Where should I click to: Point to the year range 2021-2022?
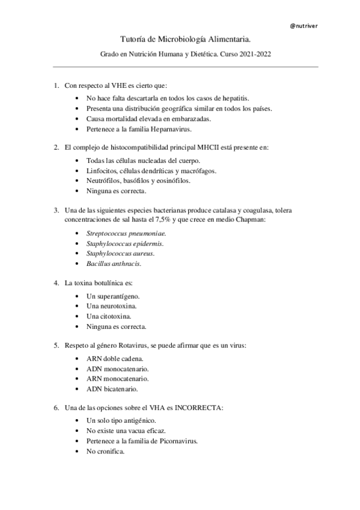point(255,54)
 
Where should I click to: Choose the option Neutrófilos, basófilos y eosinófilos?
point(139,181)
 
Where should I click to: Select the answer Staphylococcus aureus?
point(120,254)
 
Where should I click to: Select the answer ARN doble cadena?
point(118,358)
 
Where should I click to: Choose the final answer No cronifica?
point(106,452)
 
